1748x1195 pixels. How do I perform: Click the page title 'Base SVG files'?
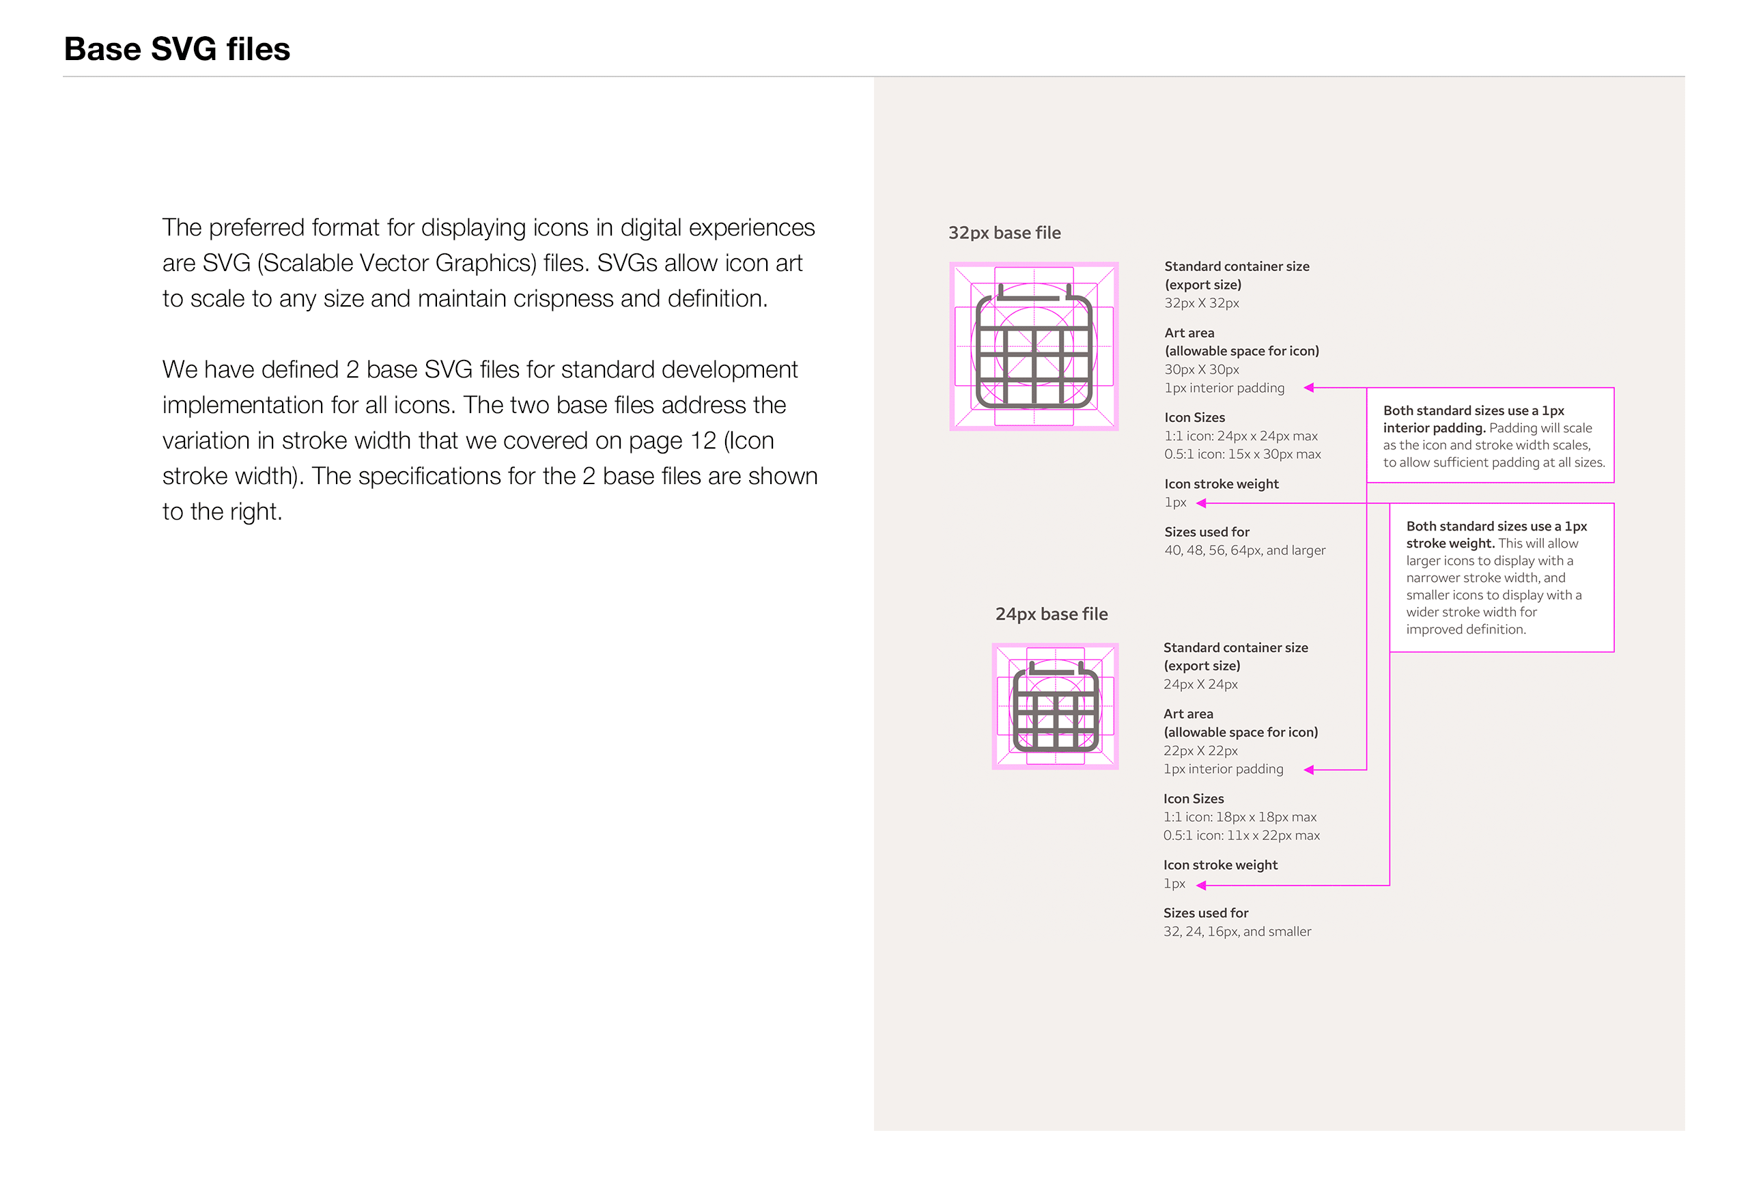click(x=177, y=49)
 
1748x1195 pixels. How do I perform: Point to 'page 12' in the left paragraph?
click(x=673, y=440)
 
